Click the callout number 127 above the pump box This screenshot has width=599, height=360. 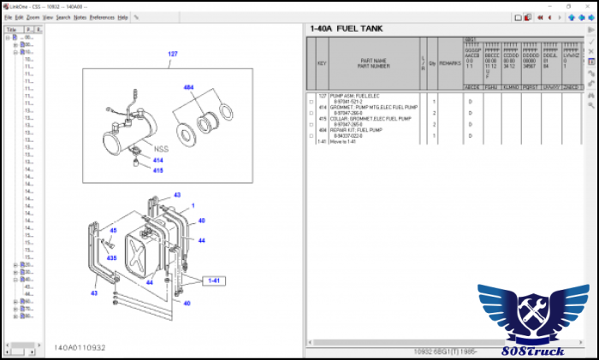click(173, 54)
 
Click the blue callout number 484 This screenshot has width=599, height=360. click(188, 87)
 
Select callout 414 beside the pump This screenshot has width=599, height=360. click(158, 161)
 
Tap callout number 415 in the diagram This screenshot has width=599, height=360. click(158, 170)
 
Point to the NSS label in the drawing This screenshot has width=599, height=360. click(161, 148)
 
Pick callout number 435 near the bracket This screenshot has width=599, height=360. click(111, 257)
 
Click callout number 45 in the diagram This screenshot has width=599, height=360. click(113, 230)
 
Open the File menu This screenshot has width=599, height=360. click(8, 17)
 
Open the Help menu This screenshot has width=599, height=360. click(122, 17)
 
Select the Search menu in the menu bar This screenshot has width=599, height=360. click(63, 17)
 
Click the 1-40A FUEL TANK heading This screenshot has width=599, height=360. click(347, 29)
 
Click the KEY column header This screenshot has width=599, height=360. click(322, 63)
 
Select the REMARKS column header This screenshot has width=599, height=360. click(449, 63)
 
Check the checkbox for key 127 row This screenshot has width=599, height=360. click(311, 102)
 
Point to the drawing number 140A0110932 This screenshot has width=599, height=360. click(80, 347)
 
